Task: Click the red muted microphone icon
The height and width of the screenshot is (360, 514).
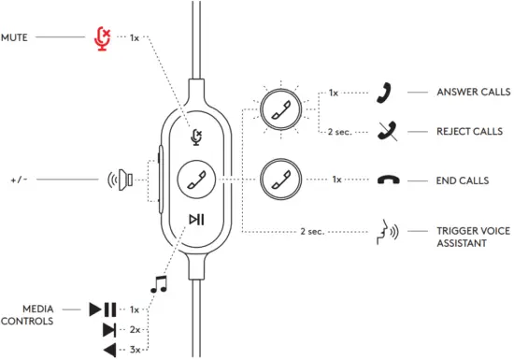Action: point(104,37)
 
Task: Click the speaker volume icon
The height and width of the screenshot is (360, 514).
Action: point(122,178)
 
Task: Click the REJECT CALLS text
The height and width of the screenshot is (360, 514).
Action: point(470,132)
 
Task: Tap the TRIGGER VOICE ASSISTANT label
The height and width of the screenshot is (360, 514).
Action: point(470,237)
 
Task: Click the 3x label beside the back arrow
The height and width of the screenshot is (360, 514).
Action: point(135,350)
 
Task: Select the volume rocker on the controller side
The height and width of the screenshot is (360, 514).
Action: point(160,178)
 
